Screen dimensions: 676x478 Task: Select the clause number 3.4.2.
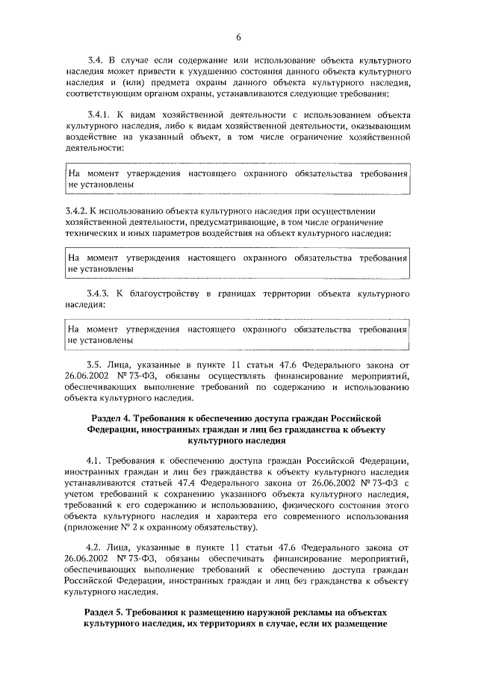click(79, 211)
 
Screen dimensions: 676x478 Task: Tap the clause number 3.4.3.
click(100, 294)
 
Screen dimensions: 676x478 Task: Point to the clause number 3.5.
click(96, 365)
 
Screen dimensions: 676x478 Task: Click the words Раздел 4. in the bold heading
click(112, 418)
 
